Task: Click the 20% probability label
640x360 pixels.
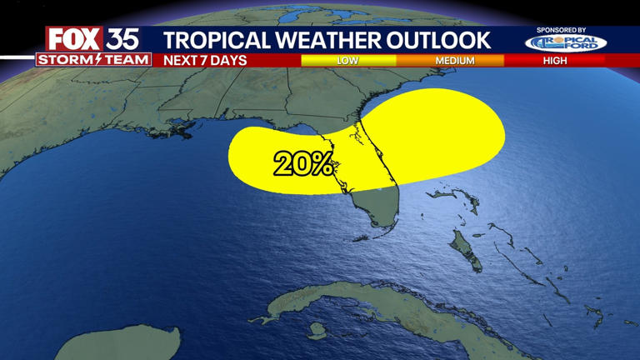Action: (x=303, y=164)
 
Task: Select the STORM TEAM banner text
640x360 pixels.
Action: (x=93, y=60)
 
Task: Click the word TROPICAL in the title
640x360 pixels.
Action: (x=209, y=39)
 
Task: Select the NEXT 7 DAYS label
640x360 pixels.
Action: (x=205, y=60)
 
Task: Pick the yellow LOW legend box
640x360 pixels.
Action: (x=347, y=61)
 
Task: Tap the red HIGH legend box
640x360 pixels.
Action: (x=554, y=61)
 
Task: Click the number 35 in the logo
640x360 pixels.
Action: (x=122, y=39)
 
